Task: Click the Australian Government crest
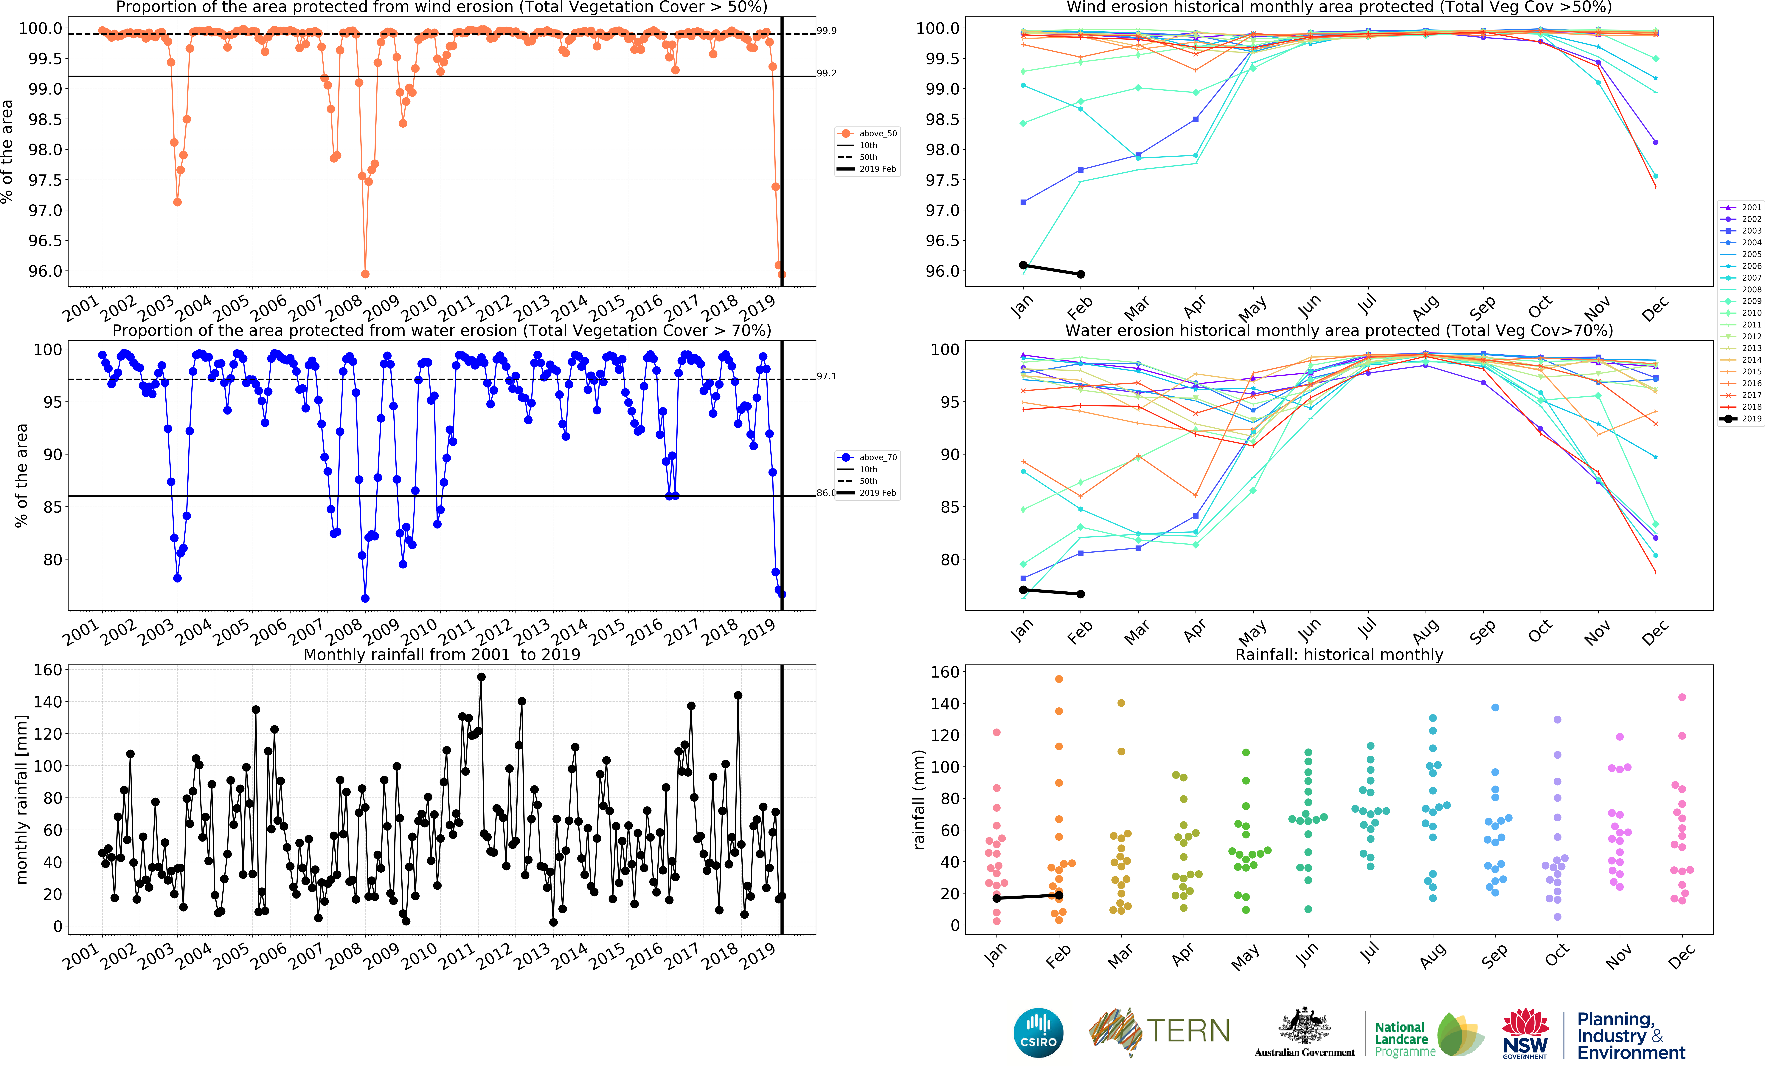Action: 1304,1026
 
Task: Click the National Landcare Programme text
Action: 1404,1039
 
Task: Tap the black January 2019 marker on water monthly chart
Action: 1023,590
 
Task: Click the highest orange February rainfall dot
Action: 1059,678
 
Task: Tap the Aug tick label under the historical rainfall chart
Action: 1431,956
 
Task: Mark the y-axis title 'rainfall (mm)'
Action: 919,800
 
